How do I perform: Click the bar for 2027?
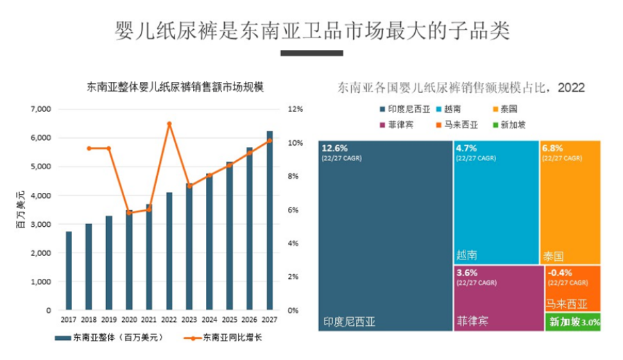[x=269, y=221]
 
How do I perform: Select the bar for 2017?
[x=69, y=271]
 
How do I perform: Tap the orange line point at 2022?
[x=169, y=124]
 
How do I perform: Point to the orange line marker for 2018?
[x=89, y=148]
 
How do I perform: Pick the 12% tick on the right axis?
[x=296, y=110]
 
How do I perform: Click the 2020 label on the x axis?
[x=128, y=320]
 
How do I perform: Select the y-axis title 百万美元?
[x=21, y=209]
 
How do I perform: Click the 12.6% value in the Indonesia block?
[x=334, y=148]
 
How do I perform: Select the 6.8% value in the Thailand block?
[x=553, y=148]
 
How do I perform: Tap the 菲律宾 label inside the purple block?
[x=472, y=322]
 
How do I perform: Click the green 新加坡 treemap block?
[x=572, y=322]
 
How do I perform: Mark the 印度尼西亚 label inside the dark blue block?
[x=349, y=322]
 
